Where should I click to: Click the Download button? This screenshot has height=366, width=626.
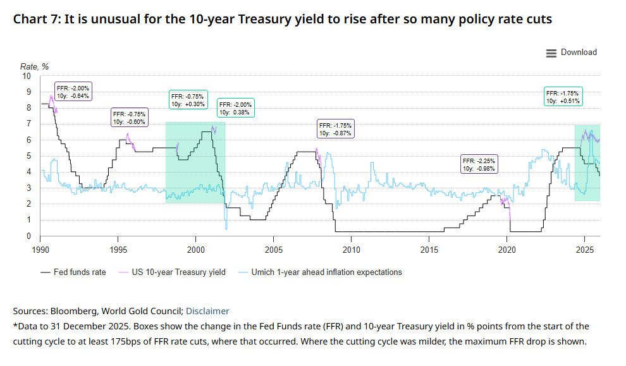[572, 52]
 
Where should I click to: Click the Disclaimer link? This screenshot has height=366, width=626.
[207, 311]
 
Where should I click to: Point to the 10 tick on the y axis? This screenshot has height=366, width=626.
[27, 76]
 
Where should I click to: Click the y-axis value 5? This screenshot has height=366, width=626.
[28, 156]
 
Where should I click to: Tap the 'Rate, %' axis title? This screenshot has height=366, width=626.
[35, 66]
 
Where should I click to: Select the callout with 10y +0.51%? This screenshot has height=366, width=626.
[563, 97]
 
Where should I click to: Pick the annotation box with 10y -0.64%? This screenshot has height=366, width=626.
[73, 92]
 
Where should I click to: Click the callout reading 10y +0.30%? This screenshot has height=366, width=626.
[188, 100]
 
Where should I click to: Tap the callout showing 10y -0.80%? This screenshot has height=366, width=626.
[129, 118]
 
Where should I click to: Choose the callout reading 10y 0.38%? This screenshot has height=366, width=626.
[235, 108]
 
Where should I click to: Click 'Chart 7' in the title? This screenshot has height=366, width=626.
[36, 20]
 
